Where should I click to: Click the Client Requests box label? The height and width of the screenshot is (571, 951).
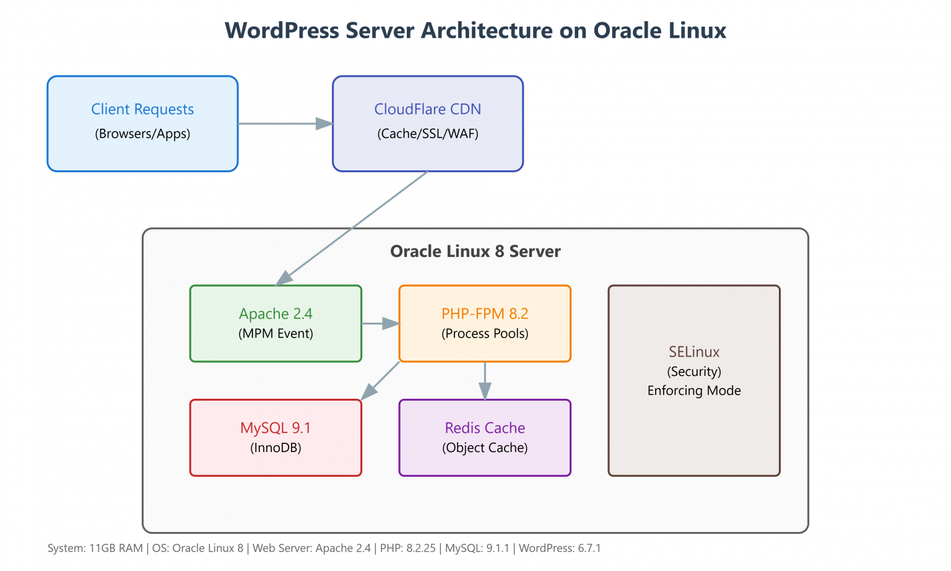142,110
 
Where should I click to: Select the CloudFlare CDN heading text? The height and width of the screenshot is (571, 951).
427,110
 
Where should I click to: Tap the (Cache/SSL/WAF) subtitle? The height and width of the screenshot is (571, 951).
427,134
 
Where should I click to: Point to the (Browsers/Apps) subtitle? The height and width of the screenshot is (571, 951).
142,134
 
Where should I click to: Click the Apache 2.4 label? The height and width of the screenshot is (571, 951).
276,314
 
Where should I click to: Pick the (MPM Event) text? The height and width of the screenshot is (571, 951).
276,334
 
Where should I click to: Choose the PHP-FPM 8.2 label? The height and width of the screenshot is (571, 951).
485,314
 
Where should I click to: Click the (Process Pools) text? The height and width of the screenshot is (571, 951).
485,334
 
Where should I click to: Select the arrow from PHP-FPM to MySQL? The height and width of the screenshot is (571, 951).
380,380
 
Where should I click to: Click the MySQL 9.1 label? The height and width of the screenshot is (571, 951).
276,428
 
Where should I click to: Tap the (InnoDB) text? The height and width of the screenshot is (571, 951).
276,448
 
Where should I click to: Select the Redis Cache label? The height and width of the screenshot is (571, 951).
485,428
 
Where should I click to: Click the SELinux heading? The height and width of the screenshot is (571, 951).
694,352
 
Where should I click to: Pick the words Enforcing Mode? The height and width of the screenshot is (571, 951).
694,391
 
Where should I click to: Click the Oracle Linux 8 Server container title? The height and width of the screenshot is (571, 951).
475,251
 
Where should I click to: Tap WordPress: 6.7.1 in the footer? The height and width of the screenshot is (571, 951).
560,548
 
